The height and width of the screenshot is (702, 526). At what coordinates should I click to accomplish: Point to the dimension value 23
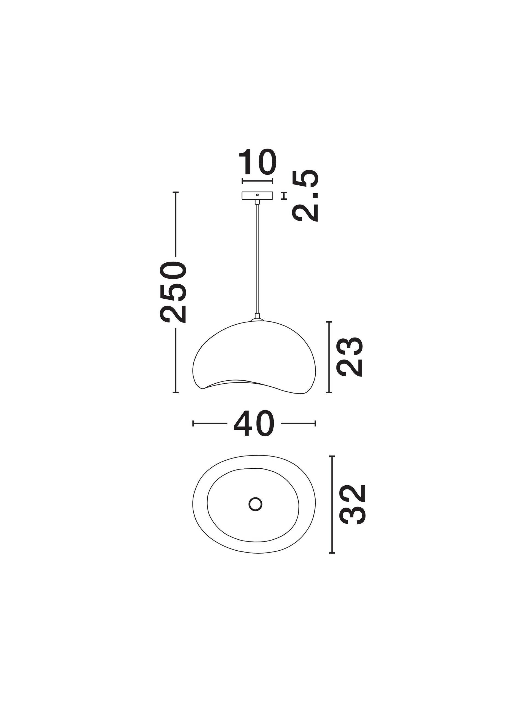coord(349,357)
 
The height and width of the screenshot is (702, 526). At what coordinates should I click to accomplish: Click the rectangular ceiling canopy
coord(257,196)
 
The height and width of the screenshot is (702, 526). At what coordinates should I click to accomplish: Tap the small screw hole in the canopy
coord(257,194)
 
